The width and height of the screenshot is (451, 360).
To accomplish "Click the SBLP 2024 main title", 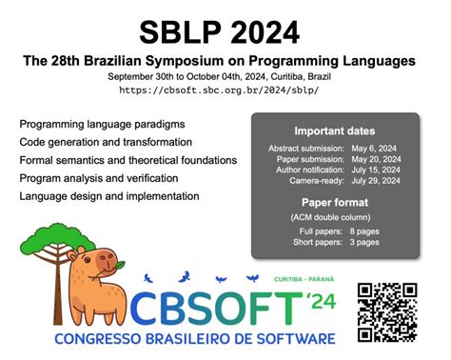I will point(225,31).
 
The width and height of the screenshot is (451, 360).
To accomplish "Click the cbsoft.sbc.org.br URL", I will point(225,90).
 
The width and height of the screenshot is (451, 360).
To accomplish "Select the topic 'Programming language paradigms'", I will point(102,125).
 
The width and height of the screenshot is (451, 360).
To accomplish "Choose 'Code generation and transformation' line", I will point(109,142).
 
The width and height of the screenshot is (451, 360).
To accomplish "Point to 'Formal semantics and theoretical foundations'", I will point(127,160).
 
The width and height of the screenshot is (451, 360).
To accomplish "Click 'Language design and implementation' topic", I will point(109,195).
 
